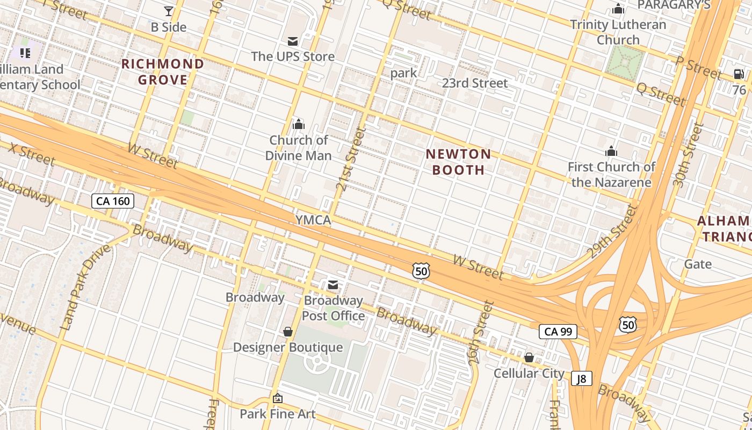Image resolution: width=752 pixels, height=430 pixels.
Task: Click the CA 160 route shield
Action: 112,201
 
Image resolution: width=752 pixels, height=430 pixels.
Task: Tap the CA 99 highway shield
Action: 558,332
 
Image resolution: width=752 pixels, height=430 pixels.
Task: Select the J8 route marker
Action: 581,378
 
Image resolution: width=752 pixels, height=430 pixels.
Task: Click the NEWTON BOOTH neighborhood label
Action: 458,162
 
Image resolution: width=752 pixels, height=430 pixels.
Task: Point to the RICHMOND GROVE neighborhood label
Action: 163,72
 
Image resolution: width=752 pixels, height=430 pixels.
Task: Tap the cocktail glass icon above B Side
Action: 169,11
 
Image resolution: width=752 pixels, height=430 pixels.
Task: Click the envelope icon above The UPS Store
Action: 293,41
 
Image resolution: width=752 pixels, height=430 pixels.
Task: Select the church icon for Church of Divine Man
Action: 299,125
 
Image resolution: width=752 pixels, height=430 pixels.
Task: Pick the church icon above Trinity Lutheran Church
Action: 618,9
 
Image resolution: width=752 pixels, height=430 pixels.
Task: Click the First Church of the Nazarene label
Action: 611,174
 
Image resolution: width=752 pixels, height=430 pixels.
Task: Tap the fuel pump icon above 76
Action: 739,74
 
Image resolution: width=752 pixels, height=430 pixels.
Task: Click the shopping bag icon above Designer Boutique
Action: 288,332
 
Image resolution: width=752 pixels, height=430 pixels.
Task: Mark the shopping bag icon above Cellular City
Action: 529,357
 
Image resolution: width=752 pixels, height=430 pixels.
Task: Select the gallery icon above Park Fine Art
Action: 278,398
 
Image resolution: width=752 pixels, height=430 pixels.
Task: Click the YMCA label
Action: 313,220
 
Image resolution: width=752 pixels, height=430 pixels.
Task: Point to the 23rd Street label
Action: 475,83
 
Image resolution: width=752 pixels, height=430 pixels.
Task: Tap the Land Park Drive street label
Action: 85,287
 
